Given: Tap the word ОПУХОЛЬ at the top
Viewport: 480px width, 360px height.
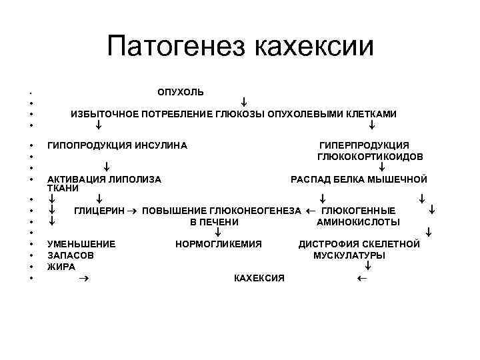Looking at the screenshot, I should [181, 91].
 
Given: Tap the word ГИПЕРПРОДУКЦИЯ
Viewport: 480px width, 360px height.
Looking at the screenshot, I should [365, 145].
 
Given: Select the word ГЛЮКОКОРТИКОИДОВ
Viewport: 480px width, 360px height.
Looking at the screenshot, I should [371, 157].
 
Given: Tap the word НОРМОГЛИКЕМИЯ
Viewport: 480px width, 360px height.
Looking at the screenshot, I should [219, 244].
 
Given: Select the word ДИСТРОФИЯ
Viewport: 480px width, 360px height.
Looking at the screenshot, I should [328, 244].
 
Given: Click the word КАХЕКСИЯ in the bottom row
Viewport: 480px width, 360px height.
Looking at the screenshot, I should [259, 277].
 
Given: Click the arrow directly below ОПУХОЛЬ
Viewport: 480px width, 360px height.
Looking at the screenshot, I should [245, 103].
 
